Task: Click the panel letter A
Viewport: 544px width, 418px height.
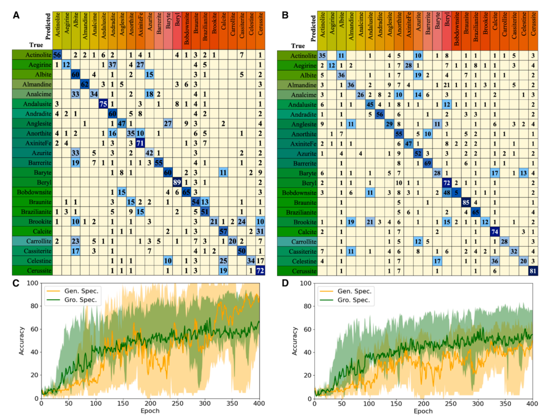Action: point(17,15)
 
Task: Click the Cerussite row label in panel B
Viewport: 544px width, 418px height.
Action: point(298,271)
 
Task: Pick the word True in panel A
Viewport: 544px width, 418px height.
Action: point(20,44)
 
